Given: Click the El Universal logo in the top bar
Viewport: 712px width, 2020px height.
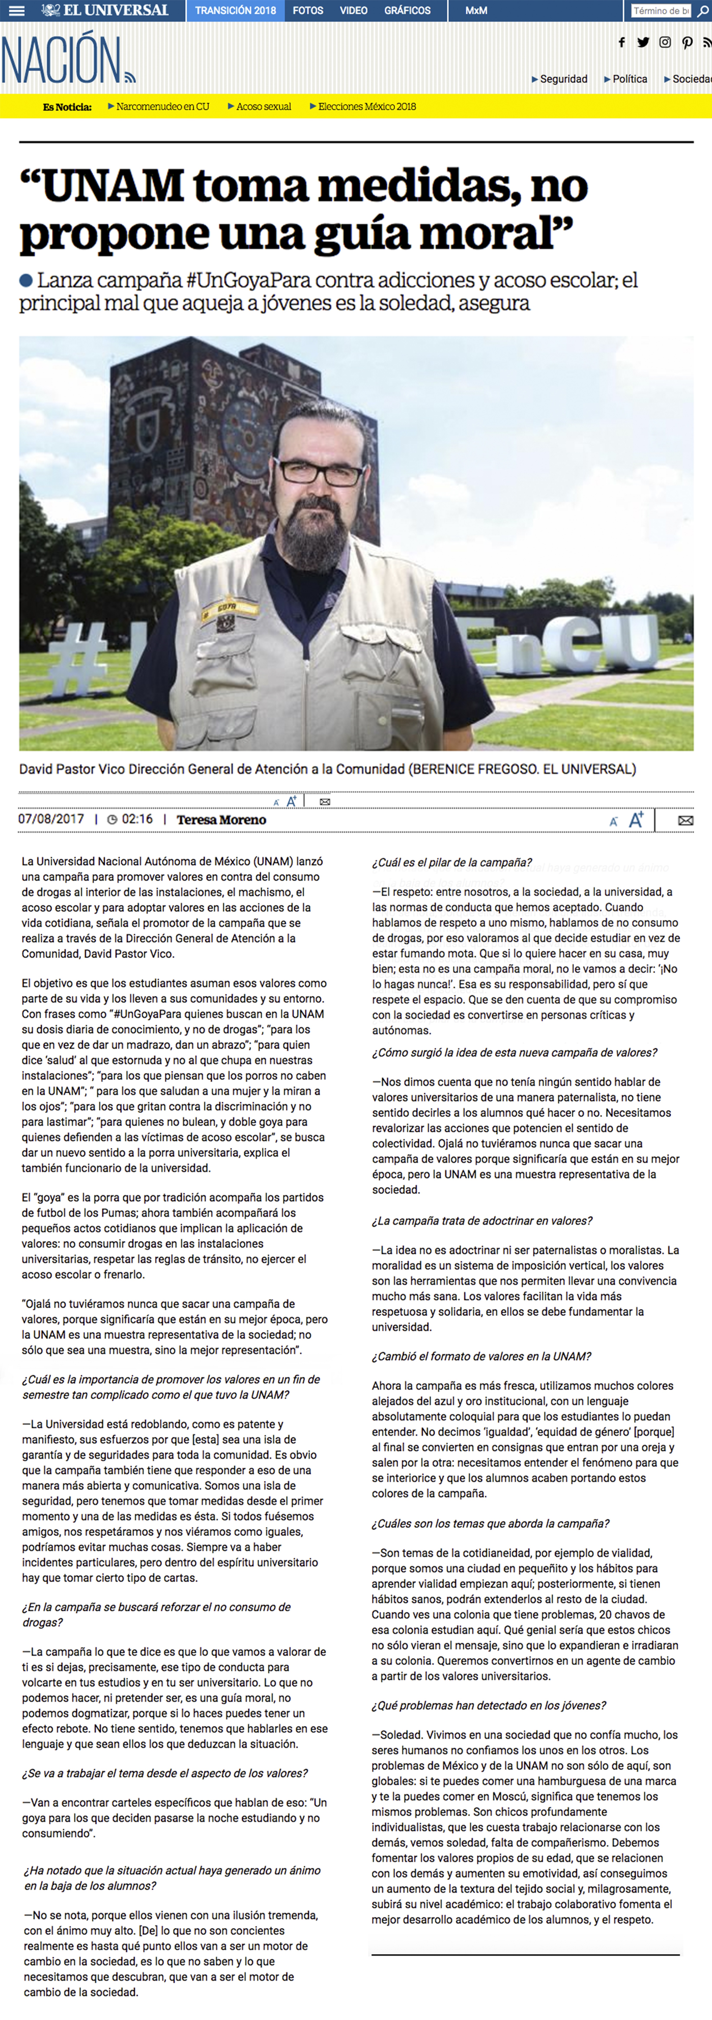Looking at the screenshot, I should [105, 10].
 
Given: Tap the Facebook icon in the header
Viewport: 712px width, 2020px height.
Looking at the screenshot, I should [622, 42].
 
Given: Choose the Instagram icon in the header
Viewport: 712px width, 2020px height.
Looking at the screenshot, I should [665, 42].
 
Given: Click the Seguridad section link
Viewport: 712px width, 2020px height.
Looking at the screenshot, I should [563, 79].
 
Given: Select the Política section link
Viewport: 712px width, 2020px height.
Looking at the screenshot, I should [629, 79].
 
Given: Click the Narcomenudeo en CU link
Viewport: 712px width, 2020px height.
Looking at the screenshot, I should [162, 107].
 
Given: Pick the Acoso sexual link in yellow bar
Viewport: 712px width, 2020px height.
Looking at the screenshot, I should [263, 107].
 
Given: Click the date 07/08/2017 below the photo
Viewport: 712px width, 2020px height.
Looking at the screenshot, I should [51, 819].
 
